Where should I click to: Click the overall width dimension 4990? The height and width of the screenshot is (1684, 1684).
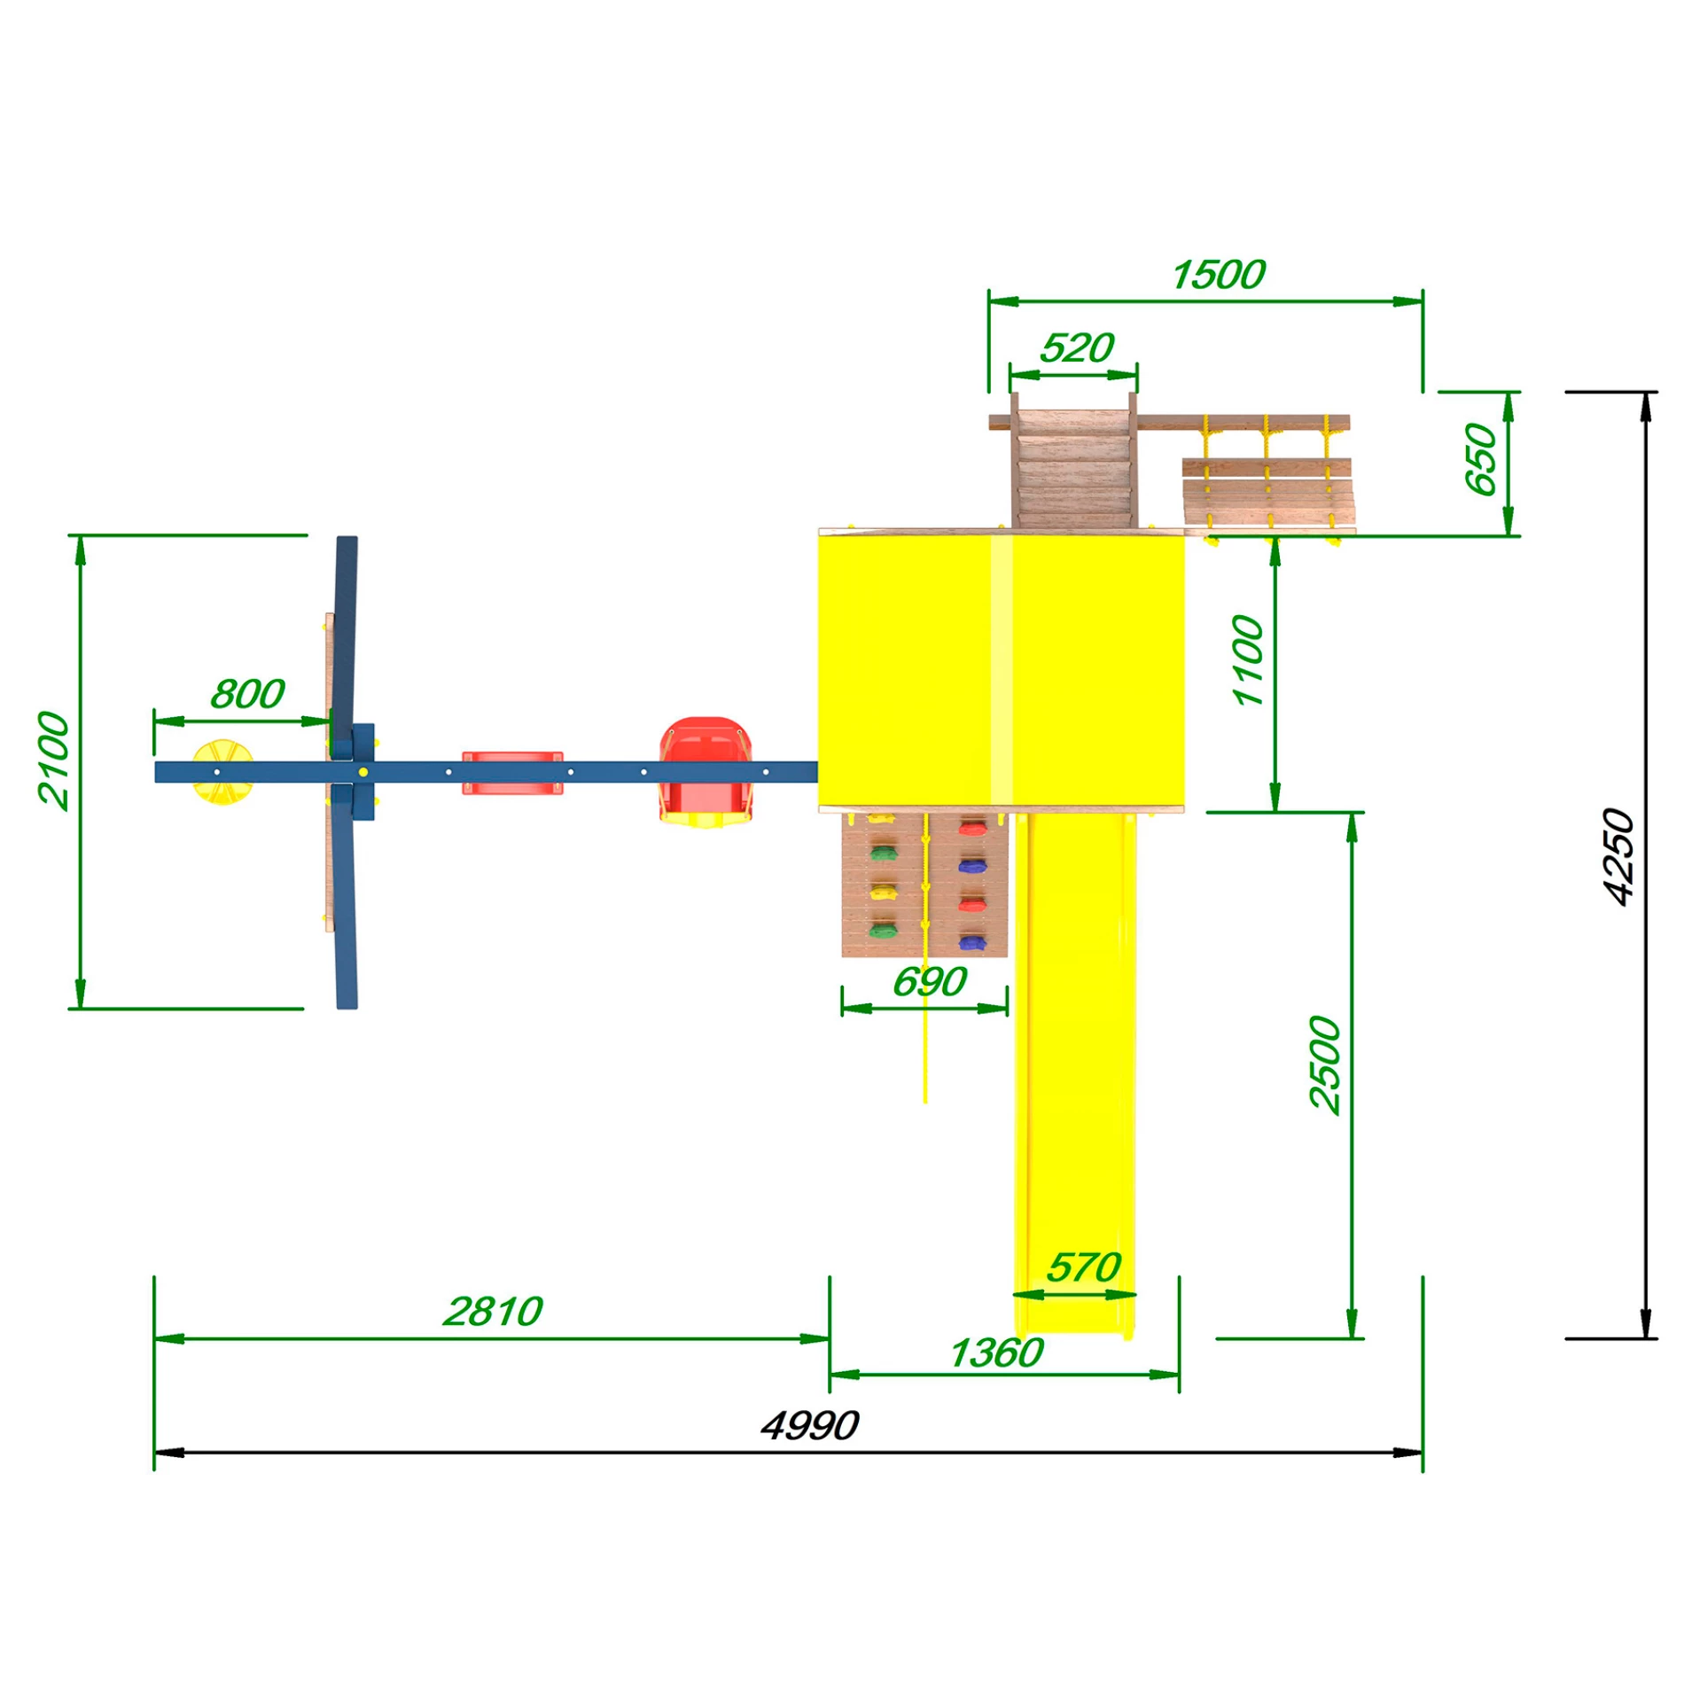point(809,1426)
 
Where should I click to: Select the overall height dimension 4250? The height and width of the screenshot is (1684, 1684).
point(1619,857)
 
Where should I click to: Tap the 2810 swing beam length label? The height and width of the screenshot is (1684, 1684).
point(493,1312)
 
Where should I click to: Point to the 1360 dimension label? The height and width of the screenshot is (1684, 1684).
point(996,1353)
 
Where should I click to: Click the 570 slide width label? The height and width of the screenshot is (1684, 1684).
point(1083,1267)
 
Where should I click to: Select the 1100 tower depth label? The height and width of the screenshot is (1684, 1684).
point(1248,660)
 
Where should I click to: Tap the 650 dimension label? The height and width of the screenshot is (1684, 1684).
point(1480,459)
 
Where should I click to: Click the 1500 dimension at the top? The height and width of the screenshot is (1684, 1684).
point(1219,275)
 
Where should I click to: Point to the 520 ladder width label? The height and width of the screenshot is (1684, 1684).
point(1076,347)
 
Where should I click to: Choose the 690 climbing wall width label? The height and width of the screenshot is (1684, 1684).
point(929,981)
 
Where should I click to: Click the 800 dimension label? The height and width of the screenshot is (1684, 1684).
point(247,693)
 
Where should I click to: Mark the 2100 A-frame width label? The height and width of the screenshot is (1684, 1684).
point(53,760)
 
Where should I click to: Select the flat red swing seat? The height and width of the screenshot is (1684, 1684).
point(512,773)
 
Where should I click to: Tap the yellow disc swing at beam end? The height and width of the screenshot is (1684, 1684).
point(222,772)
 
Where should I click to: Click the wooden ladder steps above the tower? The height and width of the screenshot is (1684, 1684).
point(1073,469)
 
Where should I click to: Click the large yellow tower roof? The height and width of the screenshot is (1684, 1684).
point(1001,671)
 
